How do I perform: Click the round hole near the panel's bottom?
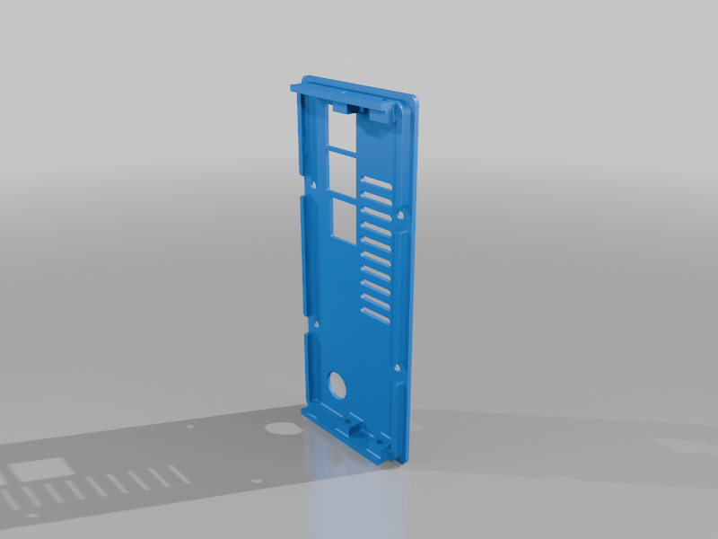pos(337,384)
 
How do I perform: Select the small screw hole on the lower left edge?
pos(316,322)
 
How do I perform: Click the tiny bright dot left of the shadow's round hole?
pos(189,428)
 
